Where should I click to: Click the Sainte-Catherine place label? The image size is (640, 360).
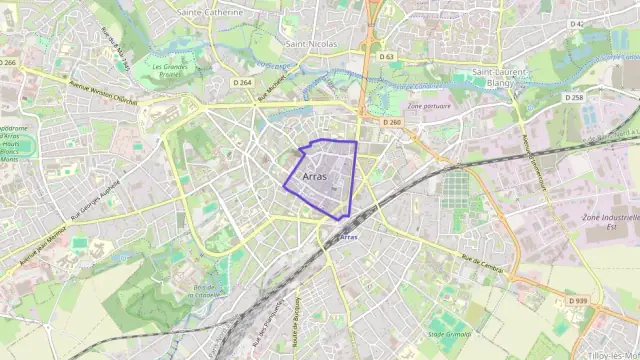tap(209, 12)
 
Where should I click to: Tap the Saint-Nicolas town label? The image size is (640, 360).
tap(310, 45)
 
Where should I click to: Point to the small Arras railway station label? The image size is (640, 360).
tap(348, 237)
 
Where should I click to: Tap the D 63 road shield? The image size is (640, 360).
tap(387, 57)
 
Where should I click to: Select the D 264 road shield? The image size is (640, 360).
tap(241, 82)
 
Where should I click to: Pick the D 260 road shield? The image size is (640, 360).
tap(391, 122)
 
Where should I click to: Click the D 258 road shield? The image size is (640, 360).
tap(573, 98)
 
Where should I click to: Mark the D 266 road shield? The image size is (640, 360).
tap(9, 62)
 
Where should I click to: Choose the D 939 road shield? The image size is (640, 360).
tap(577, 300)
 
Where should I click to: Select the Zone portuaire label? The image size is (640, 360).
tap(430, 106)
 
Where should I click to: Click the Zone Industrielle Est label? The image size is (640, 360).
tap(610, 221)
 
